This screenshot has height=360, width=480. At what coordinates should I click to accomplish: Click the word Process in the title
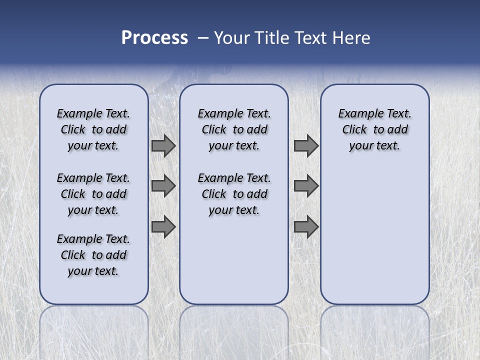pyautogui.click(x=154, y=38)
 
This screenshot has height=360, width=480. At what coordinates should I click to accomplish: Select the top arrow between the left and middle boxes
pyautogui.click(x=163, y=146)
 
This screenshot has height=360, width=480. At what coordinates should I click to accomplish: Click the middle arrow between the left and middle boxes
pyautogui.click(x=163, y=186)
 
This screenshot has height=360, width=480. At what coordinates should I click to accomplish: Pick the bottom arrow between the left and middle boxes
pyautogui.click(x=163, y=227)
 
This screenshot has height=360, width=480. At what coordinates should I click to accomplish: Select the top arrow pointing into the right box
pyautogui.click(x=306, y=146)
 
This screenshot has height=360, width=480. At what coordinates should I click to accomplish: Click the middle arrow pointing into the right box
pyautogui.click(x=306, y=186)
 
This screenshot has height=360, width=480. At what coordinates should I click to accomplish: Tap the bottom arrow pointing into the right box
pyautogui.click(x=306, y=227)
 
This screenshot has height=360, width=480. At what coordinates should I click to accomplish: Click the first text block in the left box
pyautogui.click(x=93, y=129)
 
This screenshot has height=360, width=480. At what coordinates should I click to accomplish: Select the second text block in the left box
pyautogui.click(x=93, y=194)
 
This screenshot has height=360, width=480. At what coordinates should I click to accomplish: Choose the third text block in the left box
pyautogui.click(x=93, y=255)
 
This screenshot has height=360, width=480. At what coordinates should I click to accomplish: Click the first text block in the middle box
pyautogui.click(x=234, y=129)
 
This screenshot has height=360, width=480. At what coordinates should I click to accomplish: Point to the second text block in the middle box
pyautogui.click(x=234, y=194)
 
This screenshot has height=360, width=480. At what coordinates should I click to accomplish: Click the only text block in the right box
pyautogui.click(x=374, y=129)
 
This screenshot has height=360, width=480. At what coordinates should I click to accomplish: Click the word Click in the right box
pyautogui.click(x=354, y=130)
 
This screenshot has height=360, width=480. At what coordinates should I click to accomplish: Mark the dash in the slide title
pyautogui.click(x=203, y=38)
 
